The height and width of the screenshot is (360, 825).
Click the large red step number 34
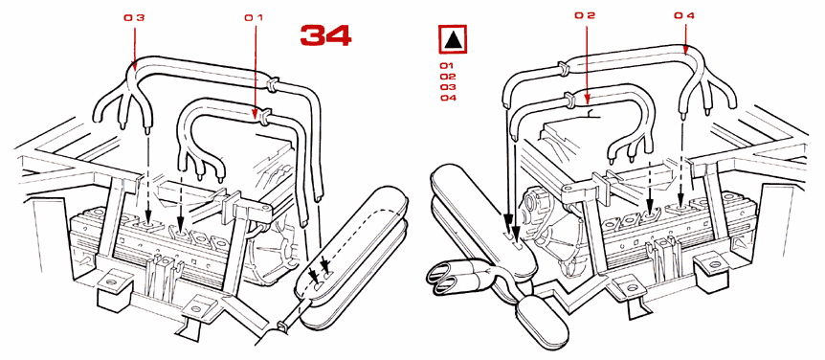click(x=325, y=35)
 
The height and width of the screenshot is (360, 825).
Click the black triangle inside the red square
click(x=454, y=40)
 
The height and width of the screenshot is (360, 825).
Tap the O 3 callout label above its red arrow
click(x=134, y=17)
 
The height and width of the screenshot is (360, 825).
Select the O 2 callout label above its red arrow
click(x=585, y=15)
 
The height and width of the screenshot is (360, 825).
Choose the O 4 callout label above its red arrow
click(x=684, y=15)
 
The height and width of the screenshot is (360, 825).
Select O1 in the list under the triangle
click(x=446, y=66)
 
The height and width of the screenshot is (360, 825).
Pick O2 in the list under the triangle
click(x=446, y=77)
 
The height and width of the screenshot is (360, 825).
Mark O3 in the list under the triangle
click(x=446, y=87)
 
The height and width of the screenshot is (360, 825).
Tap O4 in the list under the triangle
click(x=446, y=98)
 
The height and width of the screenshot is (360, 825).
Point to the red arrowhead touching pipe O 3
click(x=134, y=66)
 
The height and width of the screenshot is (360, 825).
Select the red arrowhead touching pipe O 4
click(x=684, y=49)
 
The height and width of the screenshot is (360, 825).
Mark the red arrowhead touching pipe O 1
click(x=256, y=113)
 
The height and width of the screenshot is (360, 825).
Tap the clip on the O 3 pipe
click(x=273, y=84)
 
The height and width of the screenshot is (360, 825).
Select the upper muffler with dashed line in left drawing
click(x=352, y=234)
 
